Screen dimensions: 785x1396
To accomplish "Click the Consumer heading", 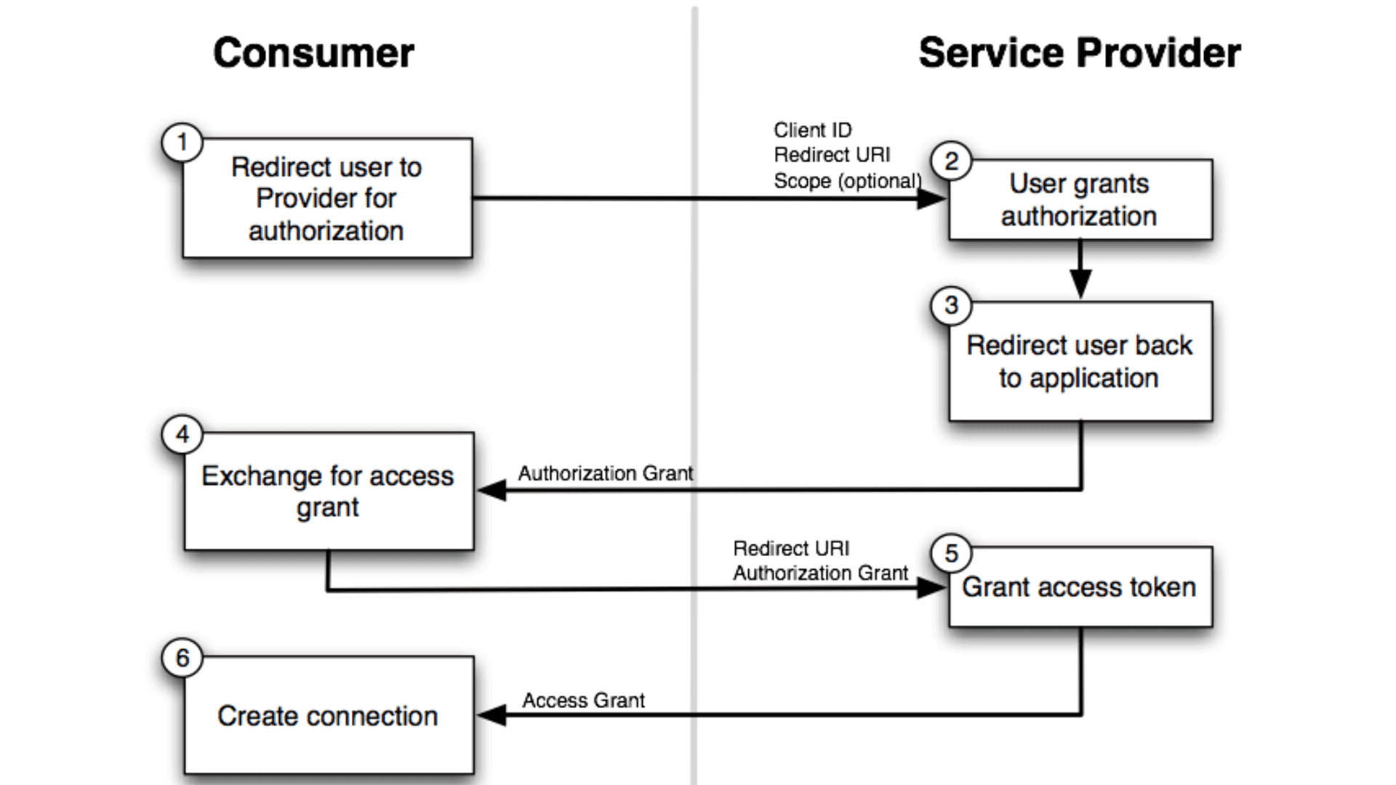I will pos(313,53).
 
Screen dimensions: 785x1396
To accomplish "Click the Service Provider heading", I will pos(1079,53).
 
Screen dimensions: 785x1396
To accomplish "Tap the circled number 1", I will pos(182,142).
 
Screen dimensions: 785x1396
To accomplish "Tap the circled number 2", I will pos(951,161).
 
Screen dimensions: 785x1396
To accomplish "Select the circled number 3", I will pos(951,305).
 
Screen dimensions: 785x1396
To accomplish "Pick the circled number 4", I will pos(182,435).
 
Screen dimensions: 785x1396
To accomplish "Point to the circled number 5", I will pos(951,554).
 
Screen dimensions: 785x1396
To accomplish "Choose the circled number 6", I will pos(182,658).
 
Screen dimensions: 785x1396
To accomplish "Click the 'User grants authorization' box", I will pos(1080,200).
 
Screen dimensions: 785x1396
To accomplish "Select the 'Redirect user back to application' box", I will pos(1080,361).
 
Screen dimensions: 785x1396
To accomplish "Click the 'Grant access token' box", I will pos(1080,587).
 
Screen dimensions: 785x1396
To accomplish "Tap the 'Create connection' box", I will pos(328,716).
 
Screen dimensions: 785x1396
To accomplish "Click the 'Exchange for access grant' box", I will pos(328,491).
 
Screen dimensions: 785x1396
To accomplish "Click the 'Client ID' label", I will pos(812,130).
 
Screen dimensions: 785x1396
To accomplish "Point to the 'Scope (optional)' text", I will pos(847,181).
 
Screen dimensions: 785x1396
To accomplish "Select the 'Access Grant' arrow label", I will pos(583,700).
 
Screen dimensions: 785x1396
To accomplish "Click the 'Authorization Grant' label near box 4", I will pos(605,473).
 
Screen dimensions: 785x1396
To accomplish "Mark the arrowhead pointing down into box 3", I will pos(1080,283).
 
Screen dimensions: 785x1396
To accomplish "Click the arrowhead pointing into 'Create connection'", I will pos(492,715).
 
